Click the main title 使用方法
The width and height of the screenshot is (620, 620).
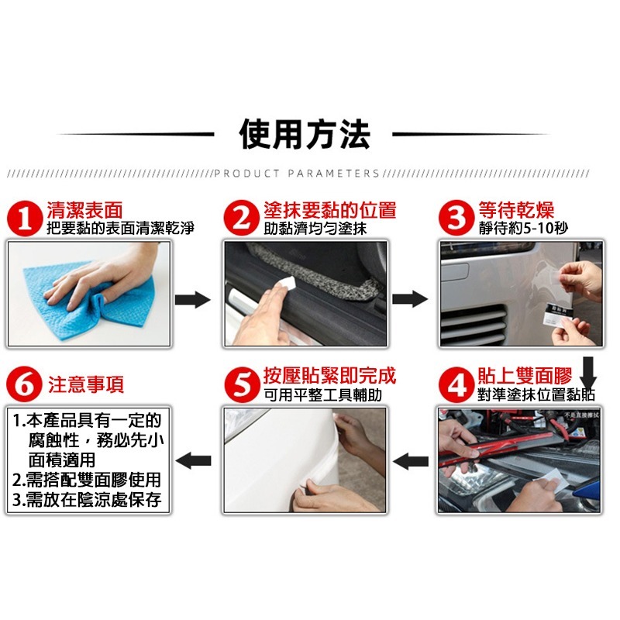[305, 134]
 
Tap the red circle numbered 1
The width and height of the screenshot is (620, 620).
[26, 219]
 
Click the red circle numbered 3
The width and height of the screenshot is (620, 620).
[456, 219]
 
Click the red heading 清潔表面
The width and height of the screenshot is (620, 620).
[84, 210]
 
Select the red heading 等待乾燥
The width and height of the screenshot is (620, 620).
[516, 210]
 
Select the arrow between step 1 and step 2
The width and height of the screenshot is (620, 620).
[192, 299]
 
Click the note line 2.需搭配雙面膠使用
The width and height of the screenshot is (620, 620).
[87, 480]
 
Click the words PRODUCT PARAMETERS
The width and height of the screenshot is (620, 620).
[296, 174]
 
